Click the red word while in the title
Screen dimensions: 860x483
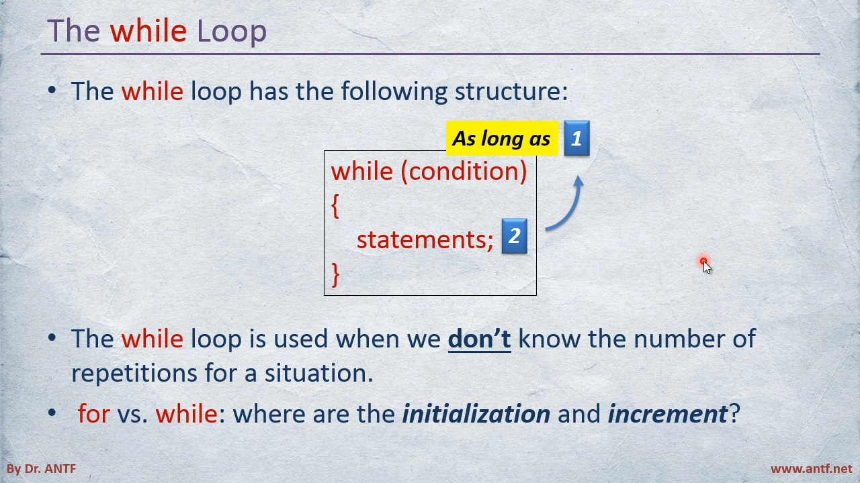click(148, 31)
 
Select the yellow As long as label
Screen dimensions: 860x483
click(502, 138)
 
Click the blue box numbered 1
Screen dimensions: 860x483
click(576, 138)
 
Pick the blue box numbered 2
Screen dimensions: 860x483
click(515, 235)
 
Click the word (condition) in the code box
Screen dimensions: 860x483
click(464, 171)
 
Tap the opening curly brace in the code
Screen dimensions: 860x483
click(335, 206)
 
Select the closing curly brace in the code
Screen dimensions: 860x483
click(335, 274)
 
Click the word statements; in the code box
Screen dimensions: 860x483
click(425, 240)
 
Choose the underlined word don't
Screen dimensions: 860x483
click(480, 339)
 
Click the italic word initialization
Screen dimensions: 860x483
click(476, 414)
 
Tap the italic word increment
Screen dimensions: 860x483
click(667, 414)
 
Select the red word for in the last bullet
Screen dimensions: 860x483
click(93, 413)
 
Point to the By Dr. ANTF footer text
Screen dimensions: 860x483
click(41, 468)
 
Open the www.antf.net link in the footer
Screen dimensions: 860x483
click(811, 468)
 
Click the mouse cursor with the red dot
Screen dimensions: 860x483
click(705, 265)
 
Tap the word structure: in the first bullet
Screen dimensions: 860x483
click(511, 92)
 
